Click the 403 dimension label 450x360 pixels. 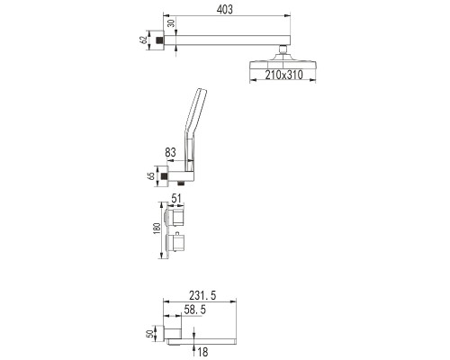click(224, 10)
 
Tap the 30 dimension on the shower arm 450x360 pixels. click(171, 22)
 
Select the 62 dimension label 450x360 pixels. click(144, 40)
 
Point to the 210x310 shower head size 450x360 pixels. click(283, 75)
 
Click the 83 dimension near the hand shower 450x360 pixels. click(170, 152)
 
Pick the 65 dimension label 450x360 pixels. click(151, 175)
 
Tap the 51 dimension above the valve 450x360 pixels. click(176, 198)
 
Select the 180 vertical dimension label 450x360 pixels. click(157, 229)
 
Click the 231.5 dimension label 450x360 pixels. click(202, 295)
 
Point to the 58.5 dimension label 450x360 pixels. click(195, 310)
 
